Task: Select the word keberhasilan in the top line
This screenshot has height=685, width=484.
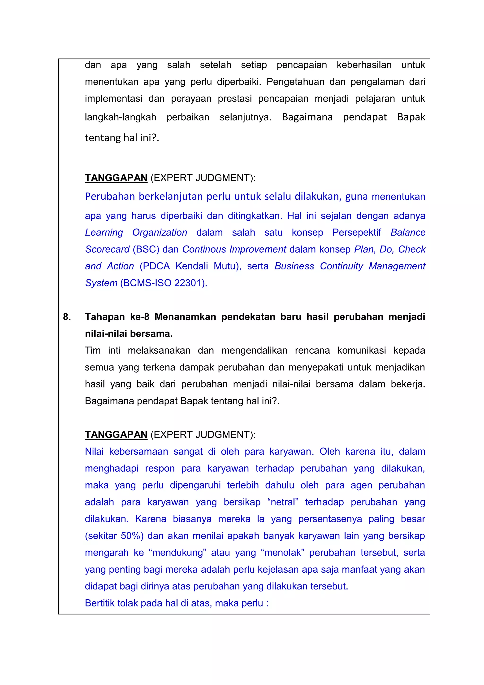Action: pyautogui.click(x=364, y=65)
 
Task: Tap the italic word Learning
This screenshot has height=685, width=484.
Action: pyautogui.click(x=104, y=233)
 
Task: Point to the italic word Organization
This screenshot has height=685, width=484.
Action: pyautogui.click(x=160, y=233)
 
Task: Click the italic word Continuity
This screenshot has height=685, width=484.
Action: pyautogui.click(x=341, y=266)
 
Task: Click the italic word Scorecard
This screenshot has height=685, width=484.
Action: pyautogui.click(x=107, y=249)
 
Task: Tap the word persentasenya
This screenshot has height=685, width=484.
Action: pyautogui.click(x=330, y=519)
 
